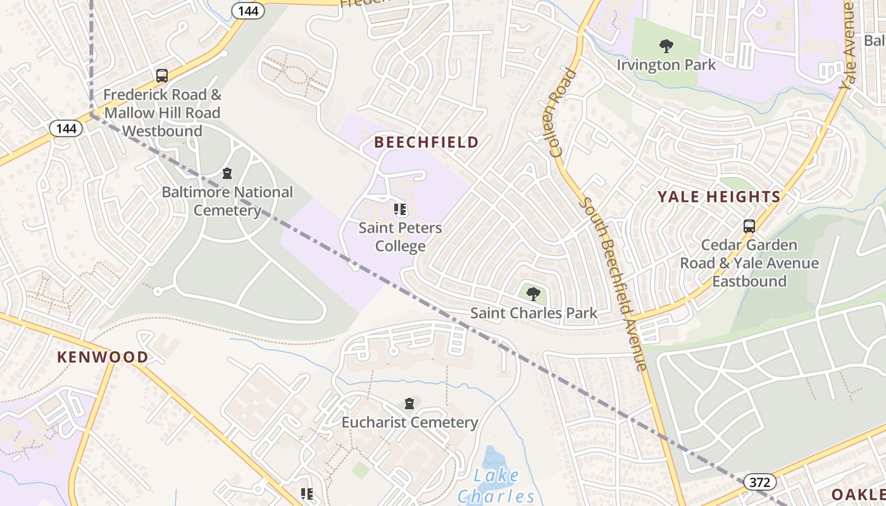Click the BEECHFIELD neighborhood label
coord(426,142)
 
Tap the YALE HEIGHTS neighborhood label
coord(719,197)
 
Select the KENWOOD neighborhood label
coord(103,357)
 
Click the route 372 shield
coord(759,483)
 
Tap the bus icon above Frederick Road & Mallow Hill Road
coord(162,76)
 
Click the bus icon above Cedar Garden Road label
coord(749,226)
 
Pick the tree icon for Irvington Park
coord(666,46)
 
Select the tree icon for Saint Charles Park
coord(533,293)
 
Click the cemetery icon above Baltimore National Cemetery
coord(227,173)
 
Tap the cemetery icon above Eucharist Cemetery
coord(409,404)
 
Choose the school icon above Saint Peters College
coord(400,209)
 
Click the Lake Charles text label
coord(496,486)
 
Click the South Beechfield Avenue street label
coord(613,283)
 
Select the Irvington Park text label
coord(666,65)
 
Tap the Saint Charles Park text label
coord(533,312)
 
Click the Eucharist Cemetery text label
coord(409,422)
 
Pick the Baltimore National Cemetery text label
coord(227,201)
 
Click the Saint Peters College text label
coord(400,237)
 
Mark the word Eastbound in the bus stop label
coord(749,281)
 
